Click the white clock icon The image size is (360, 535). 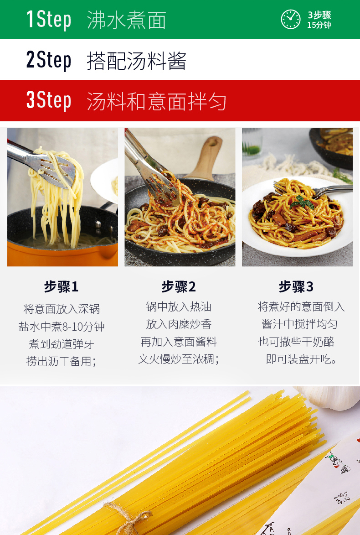pos(290,20)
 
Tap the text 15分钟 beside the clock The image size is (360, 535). pos(319,25)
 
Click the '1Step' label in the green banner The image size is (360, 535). pos(49,20)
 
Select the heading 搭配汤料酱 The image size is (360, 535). pos(136,61)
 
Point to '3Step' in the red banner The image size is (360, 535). pos(49,100)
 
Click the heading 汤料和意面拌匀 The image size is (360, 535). pos(156,101)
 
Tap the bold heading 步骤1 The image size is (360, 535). pos(62,286)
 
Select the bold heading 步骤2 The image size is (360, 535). pos(179,286)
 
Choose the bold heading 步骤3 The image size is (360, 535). pos(296,286)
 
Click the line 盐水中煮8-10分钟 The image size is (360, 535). pos(62,327)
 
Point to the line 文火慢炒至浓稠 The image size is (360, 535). pos(178,359)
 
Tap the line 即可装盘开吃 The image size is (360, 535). pos(301,359)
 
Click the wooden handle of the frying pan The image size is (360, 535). pos(208,157)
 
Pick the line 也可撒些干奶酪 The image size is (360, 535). pos(296,342)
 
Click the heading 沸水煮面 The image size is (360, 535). pos(127,20)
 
